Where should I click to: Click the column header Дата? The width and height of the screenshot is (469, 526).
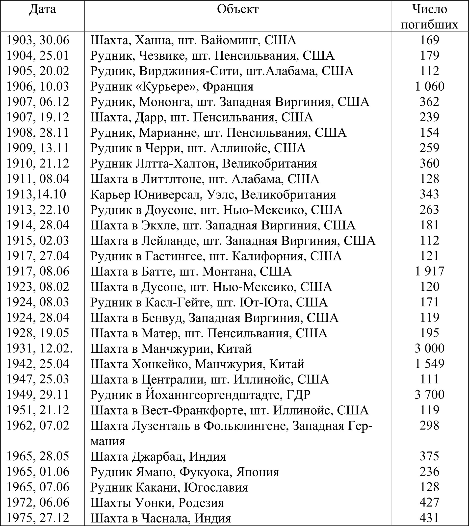(42, 10)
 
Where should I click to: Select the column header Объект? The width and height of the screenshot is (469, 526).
(237, 10)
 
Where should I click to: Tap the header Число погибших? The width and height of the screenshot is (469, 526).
(430, 17)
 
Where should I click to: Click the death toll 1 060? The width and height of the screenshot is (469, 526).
(430, 86)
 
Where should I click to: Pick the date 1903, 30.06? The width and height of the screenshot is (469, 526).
(38, 40)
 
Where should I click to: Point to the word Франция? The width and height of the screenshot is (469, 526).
(228, 86)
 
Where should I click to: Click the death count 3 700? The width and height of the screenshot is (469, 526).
(430, 394)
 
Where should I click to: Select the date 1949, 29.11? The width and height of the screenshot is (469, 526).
(38, 394)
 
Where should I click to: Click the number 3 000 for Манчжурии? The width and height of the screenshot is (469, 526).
(430, 348)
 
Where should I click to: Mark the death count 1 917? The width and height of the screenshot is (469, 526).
(430, 271)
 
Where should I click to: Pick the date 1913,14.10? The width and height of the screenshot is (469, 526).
(36, 194)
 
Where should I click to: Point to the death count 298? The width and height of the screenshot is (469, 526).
(430, 425)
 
